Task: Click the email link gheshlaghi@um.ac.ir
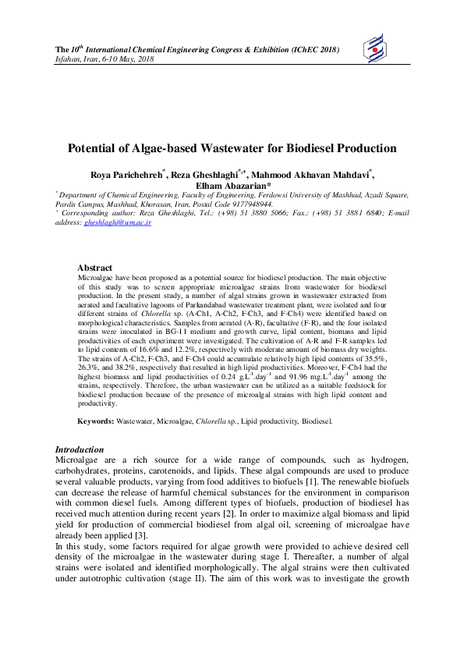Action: tap(117, 222)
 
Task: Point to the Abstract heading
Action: tap(94, 268)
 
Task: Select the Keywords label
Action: tap(95, 421)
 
